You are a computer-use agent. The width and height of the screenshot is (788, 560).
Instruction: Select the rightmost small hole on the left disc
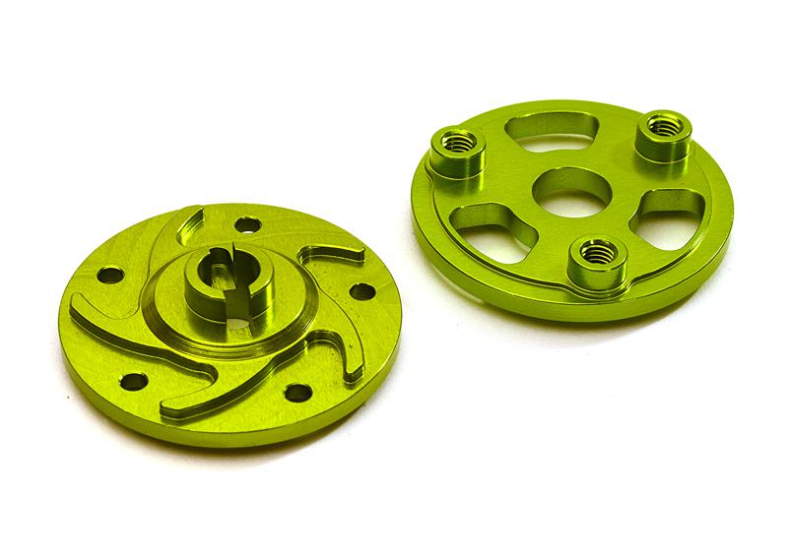pos(361,291)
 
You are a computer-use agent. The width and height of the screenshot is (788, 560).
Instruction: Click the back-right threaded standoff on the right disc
pos(662,134)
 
